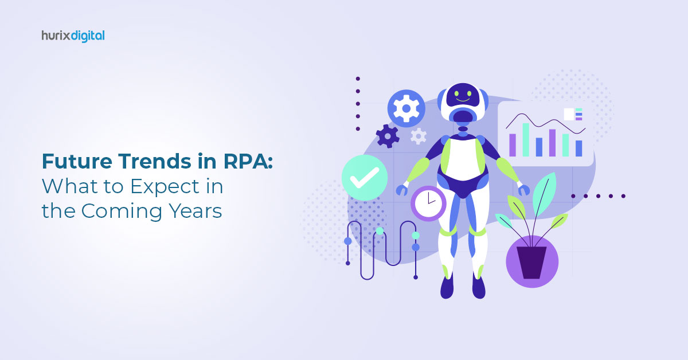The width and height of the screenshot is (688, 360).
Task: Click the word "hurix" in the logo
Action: coord(56,36)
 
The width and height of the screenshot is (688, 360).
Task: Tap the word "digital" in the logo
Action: coord(88,36)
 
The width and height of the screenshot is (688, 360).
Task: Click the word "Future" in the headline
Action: coord(77,161)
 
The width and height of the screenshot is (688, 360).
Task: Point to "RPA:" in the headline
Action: coord(248,161)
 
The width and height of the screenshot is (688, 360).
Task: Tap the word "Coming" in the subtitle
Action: coord(122,212)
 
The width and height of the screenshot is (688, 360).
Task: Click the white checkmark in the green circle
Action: coord(365,178)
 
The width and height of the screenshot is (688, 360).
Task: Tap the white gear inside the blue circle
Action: coord(406,108)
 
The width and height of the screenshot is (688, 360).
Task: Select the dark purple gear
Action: coord(388,136)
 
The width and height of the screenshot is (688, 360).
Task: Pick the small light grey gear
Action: coord(419,136)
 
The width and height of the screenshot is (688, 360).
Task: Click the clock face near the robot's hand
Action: coord(428,204)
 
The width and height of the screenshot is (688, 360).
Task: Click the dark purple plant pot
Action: coord(531,263)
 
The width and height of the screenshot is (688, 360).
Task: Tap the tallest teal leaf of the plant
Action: coord(544,193)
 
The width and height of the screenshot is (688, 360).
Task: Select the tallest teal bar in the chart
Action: coord(526,140)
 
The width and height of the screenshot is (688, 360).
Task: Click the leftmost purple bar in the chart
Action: coord(513,145)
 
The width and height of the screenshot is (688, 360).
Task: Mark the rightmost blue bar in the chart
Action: coord(578,148)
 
